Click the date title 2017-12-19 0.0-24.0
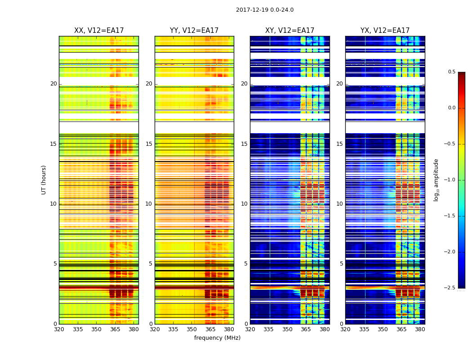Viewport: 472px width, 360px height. tap(264, 10)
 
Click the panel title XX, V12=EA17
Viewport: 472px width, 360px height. tap(99, 31)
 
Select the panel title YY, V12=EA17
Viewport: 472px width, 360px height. tap(194, 31)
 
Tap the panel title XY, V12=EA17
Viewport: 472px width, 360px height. tap(289, 31)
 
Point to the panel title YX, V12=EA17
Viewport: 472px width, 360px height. tap(385, 31)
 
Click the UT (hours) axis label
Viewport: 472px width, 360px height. tap(44, 180)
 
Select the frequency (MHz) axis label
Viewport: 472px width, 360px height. tap(217, 338)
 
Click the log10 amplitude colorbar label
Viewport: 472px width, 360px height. tap(436, 180)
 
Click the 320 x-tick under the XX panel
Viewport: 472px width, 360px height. tap(59, 329)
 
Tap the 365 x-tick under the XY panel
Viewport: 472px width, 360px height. tap(306, 329)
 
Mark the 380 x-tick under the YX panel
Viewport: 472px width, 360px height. tap(420, 329)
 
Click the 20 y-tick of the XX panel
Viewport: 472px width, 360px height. tap(54, 84)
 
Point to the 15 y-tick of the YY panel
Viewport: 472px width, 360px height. tap(149, 144)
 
